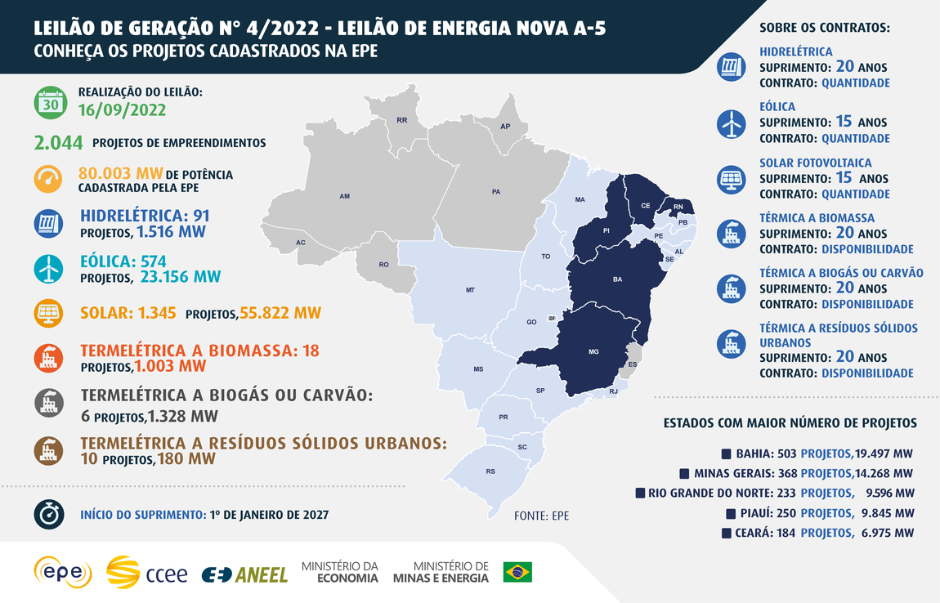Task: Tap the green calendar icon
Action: (x=49, y=102)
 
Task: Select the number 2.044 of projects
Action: (x=59, y=143)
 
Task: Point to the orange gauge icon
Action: (x=49, y=180)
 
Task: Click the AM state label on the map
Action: (x=345, y=197)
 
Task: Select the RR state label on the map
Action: (x=401, y=120)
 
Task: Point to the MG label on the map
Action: (x=593, y=352)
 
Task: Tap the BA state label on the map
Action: (x=617, y=279)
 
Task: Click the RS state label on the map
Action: (x=490, y=471)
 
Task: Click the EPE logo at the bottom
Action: (x=62, y=572)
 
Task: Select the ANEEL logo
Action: (x=245, y=574)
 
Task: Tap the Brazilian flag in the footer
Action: (x=517, y=572)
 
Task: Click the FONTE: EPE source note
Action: (x=541, y=516)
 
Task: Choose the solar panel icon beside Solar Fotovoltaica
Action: (x=730, y=178)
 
